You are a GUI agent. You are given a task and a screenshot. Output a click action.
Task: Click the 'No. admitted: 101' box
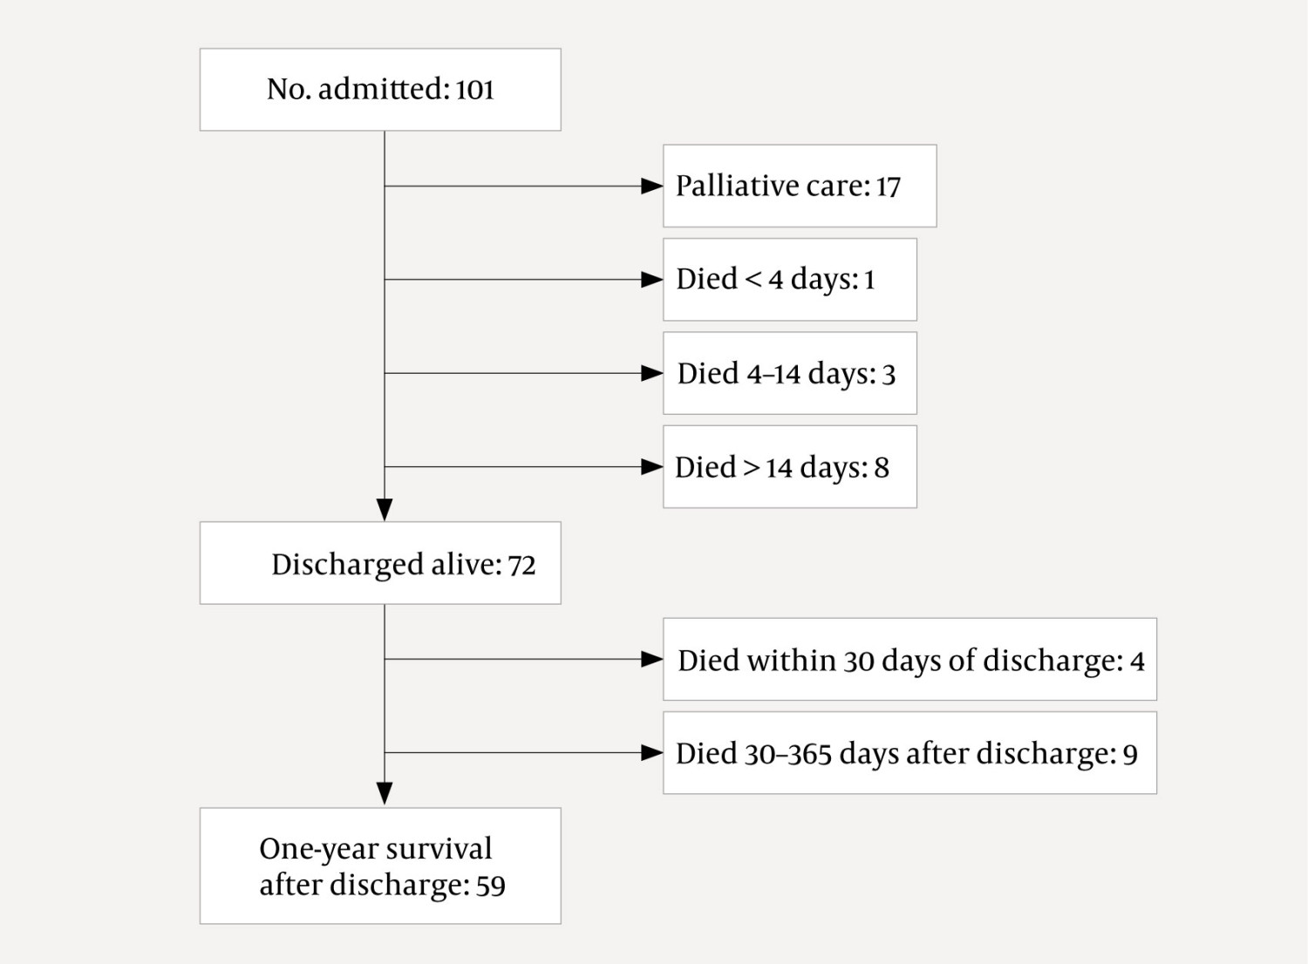[x=380, y=90]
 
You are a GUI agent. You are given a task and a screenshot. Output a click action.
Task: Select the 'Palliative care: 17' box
[x=800, y=186]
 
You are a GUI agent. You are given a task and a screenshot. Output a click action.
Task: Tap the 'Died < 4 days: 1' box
[x=789, y=280]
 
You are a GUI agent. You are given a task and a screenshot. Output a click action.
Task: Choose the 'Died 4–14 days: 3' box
[x=789, y=373]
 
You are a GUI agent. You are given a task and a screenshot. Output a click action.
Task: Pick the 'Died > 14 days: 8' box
[x=789, y=467]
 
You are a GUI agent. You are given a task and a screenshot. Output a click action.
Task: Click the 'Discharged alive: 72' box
[x=380, y=563]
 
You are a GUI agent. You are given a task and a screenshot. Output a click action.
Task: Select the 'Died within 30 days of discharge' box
[x=909, y=660]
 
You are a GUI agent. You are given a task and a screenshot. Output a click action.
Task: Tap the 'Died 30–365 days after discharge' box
[x=909, y=753]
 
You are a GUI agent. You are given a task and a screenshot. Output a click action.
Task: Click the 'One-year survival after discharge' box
[x=380, y=866]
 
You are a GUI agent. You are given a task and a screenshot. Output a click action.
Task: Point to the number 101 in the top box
[x=474, y=90]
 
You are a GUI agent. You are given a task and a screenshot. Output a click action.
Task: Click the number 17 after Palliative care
[x=888, y=187]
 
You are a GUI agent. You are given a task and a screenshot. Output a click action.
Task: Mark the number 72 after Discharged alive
[x=521, y=566]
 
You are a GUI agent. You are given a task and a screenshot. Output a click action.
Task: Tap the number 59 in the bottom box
[x=490, y=886]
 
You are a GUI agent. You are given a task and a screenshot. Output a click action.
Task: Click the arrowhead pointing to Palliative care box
[x=651, y=186]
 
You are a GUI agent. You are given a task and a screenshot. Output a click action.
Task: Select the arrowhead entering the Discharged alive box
[x=385, y=510]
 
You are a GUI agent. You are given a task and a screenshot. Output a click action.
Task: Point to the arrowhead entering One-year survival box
[x=385, y=793]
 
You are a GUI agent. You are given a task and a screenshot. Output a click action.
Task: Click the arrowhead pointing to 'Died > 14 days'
[x=651, y=467]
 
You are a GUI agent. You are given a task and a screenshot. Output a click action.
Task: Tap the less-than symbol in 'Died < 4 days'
[x=753, y=280]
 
